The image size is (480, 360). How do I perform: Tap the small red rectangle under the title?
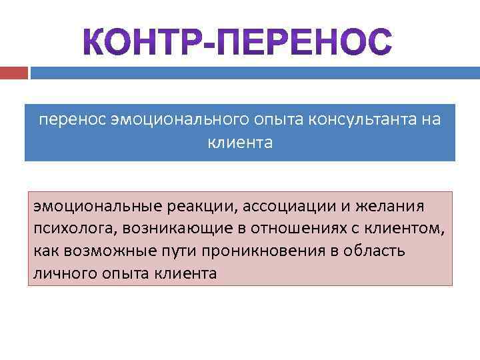click(14, 72)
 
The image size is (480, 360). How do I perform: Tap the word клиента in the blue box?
click(240, 143)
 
